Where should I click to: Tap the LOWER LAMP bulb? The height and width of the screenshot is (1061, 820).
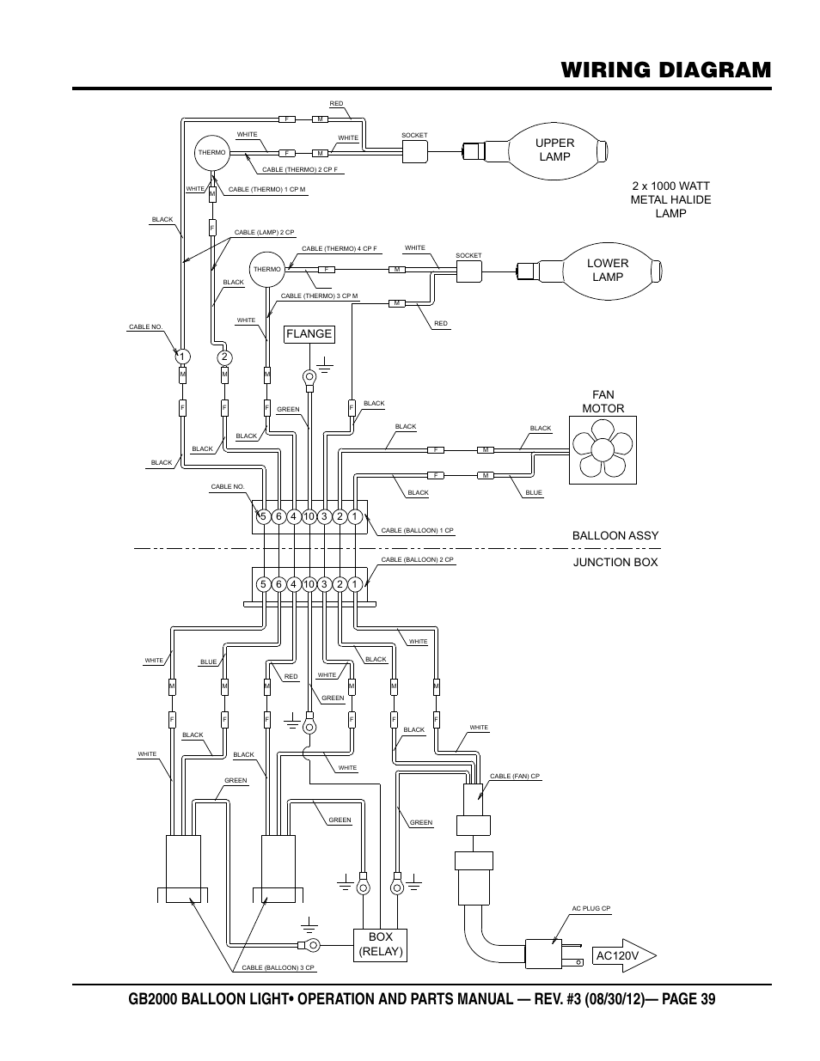point(607,271)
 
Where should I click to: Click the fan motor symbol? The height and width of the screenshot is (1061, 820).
point(604,450)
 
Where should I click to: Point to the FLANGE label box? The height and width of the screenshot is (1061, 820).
point(309,334)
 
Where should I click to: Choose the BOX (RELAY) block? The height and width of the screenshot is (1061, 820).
point(379,945)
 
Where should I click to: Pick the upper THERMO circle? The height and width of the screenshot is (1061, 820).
point(211,153)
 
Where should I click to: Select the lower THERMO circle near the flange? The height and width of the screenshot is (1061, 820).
point(267,270)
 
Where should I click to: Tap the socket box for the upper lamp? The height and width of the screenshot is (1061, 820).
point(415,152)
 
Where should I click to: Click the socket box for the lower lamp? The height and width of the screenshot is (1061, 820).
point(469,271)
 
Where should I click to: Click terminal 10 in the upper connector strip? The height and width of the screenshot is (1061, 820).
point(309,516)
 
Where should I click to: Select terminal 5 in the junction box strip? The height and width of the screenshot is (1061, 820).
point(264,584)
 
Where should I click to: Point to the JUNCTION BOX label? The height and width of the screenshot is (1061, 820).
point(615,562)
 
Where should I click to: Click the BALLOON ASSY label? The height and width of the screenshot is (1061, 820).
point(615,535)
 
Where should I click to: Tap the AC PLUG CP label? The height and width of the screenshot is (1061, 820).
point(591,909)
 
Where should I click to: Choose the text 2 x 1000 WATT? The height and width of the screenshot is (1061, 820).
point(670,186)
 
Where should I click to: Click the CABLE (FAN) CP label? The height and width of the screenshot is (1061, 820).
point(514,776)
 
